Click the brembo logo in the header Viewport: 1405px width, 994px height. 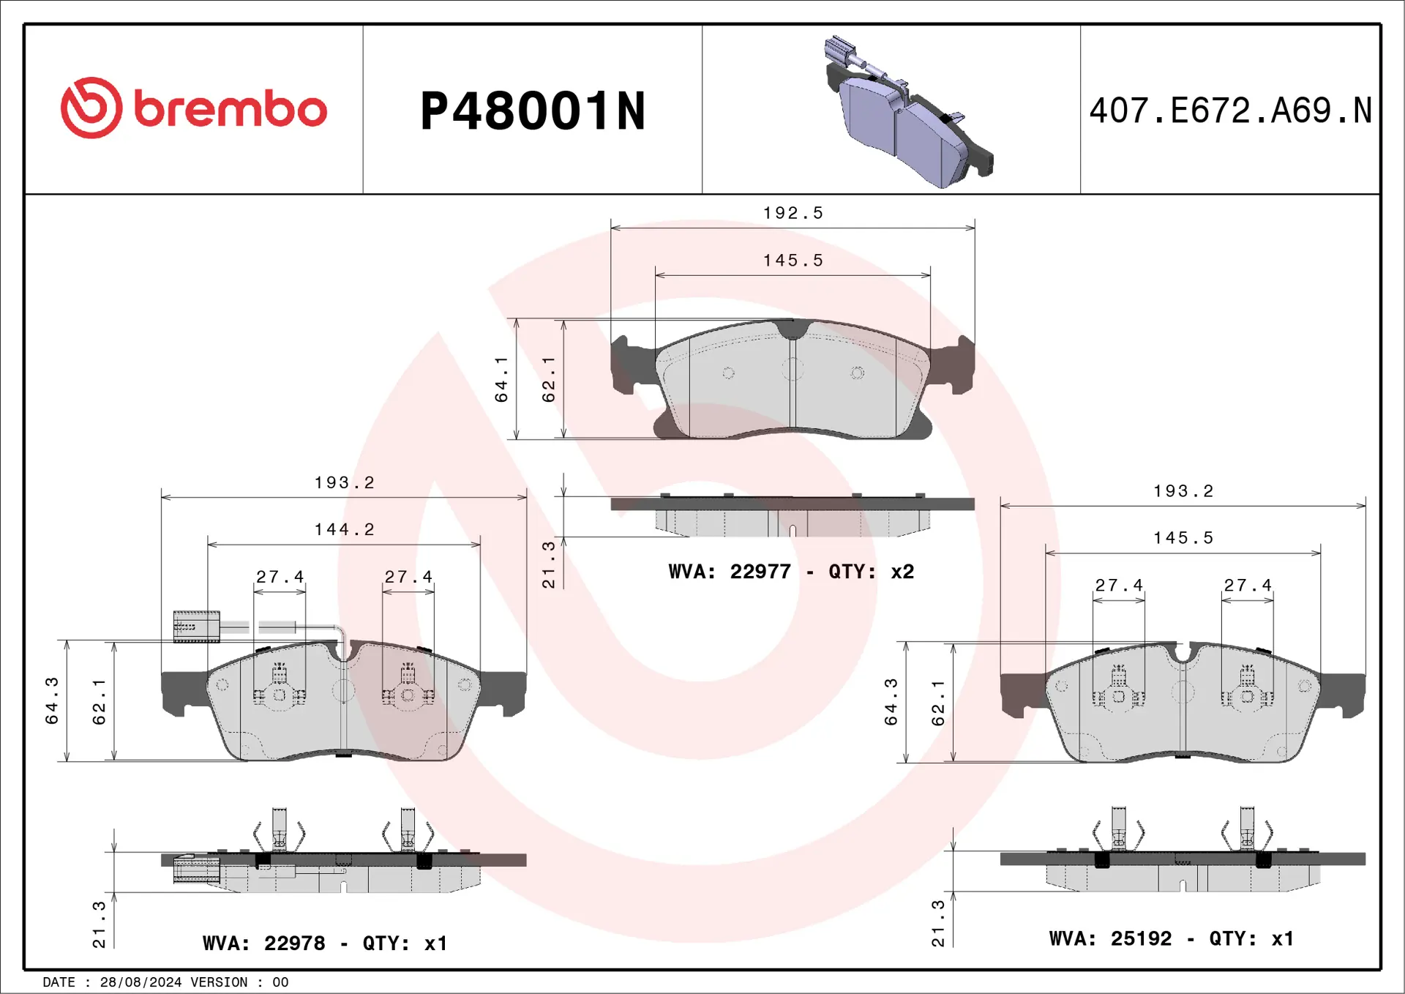(194, 108)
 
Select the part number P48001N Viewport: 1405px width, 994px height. (533, 112)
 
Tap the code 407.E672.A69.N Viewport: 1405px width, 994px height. (1230, 111)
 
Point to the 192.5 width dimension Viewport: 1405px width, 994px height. (793, 213)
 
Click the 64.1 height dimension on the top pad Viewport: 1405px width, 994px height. (501, 379)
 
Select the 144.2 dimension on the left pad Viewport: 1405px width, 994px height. (344, 529)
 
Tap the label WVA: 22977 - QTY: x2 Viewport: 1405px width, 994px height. (791, 572)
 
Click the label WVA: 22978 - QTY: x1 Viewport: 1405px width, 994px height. (324, 943)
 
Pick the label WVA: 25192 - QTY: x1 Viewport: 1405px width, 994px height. (1171, 938)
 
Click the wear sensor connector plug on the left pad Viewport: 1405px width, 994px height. (196, 627)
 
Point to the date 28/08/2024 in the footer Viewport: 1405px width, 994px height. (140, 982)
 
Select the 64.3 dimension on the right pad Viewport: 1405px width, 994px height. (891, 702)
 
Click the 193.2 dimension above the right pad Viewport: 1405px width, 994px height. (1183, 491)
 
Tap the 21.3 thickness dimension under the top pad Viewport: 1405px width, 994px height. (548, 564)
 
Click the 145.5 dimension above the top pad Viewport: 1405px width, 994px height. (793, 261)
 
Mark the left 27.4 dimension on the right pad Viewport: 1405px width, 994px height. (1118, 586)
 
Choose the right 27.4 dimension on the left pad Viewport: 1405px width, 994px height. (408, 577)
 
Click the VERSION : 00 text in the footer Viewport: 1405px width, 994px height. (239, 982)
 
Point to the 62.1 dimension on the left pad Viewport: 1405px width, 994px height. (99, 702)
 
